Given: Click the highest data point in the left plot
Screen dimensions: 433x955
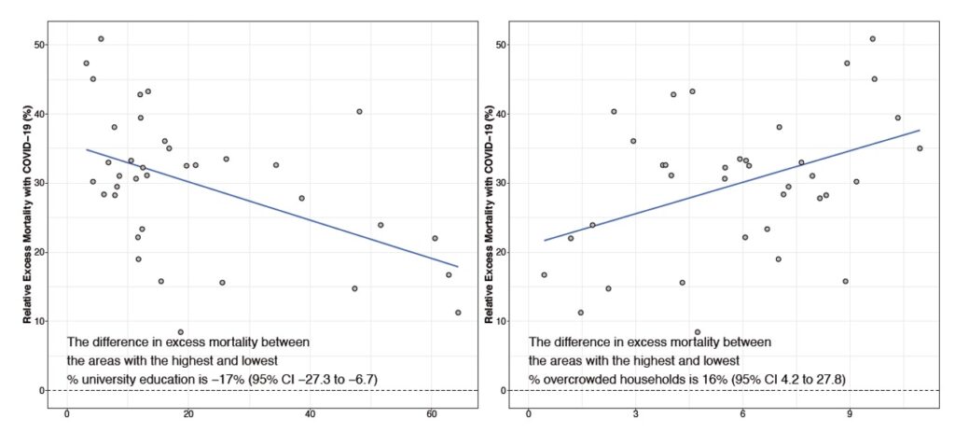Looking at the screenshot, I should coord(101,39).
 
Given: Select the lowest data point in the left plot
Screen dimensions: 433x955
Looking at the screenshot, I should coord(181,331).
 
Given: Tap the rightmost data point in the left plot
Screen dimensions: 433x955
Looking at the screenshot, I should coord(458,313).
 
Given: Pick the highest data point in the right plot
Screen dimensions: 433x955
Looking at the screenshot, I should coord(873,39).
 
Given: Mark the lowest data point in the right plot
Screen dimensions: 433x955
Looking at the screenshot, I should coord(698,331).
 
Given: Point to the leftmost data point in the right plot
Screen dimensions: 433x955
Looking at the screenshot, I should coord(544,275).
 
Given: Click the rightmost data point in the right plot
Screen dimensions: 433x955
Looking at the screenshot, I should coord(920,148).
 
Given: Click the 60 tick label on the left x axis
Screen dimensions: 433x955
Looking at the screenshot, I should coord(431,413).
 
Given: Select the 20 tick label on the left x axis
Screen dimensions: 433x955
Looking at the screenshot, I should coord(187,413).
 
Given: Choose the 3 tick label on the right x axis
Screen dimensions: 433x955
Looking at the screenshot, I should coord(635,413).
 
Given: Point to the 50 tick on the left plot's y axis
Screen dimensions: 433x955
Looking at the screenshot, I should coord(39,45).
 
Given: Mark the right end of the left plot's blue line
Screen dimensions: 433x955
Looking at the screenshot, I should coord(458,266).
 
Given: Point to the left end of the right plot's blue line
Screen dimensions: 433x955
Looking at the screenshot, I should coord(544,241).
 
